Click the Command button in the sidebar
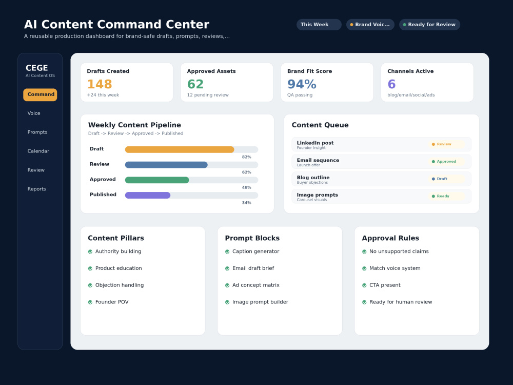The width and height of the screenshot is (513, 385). click(x=40, y=94)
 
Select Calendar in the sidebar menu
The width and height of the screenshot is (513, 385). click(x=38, y=151)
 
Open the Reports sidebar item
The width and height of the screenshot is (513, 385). click(x=36, y=189)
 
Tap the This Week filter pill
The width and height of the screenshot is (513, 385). click(x=319, y=25)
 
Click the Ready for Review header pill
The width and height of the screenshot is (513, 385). click(x=429, y=25)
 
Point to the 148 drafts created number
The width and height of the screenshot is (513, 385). click(x=100, y=84)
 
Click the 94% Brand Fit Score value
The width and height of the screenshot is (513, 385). click(x=302, y=84)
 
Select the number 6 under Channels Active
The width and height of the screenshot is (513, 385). click(x=391, y=84)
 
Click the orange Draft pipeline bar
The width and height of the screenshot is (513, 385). click(x=180, y=149)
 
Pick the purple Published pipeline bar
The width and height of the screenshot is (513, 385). click(x=148, y=196)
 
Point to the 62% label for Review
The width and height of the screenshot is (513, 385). click(x=247, y=172)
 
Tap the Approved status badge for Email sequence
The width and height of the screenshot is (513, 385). click(x=446, y=161)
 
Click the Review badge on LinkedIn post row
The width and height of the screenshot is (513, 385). click(x=446, y=144)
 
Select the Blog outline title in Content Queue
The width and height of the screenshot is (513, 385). click(x=313, y=178)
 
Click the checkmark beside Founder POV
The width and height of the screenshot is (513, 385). click(x=90, y=302)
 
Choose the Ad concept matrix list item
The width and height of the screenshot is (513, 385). click(x=256, y=285)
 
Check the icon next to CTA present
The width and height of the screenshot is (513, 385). click(x=364, y=285)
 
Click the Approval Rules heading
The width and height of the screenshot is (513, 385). click(x=390, y=238)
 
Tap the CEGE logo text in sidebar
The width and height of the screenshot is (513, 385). click(x=36, y=68)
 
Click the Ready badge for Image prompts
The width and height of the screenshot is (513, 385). click(x=446, y=196)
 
